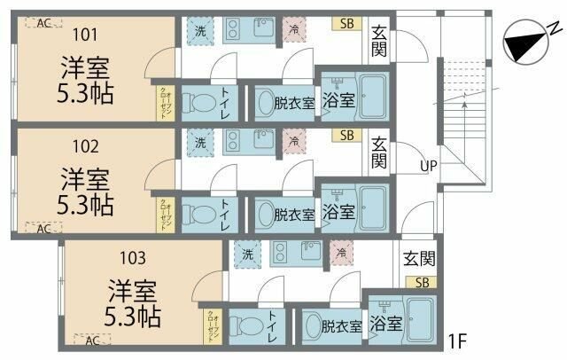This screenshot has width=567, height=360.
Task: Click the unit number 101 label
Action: click(x=85, y=35)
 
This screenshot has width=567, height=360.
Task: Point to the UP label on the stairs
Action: click(x=428, y=166)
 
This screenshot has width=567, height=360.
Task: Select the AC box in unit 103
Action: click(x=93, y=339)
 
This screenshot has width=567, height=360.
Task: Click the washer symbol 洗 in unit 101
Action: click(x=200, y=29)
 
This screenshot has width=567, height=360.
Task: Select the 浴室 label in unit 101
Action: click(x=338, y=100)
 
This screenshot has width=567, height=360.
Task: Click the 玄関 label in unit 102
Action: click(x=378, y=153)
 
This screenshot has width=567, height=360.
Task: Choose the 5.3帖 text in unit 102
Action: click(x=85, y=205)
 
